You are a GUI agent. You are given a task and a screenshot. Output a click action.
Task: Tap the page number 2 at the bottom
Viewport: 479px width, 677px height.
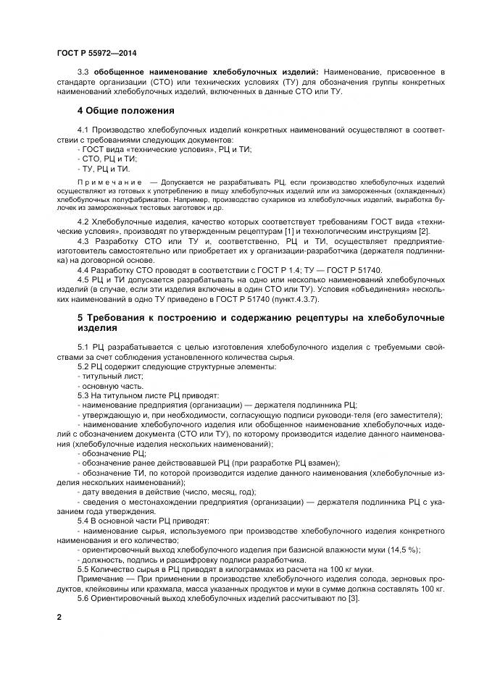coord(59,617)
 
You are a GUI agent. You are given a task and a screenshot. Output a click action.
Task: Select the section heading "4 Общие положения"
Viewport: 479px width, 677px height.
coord(126,111)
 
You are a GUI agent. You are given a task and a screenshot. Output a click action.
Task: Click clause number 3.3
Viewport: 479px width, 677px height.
coord(83,73)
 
